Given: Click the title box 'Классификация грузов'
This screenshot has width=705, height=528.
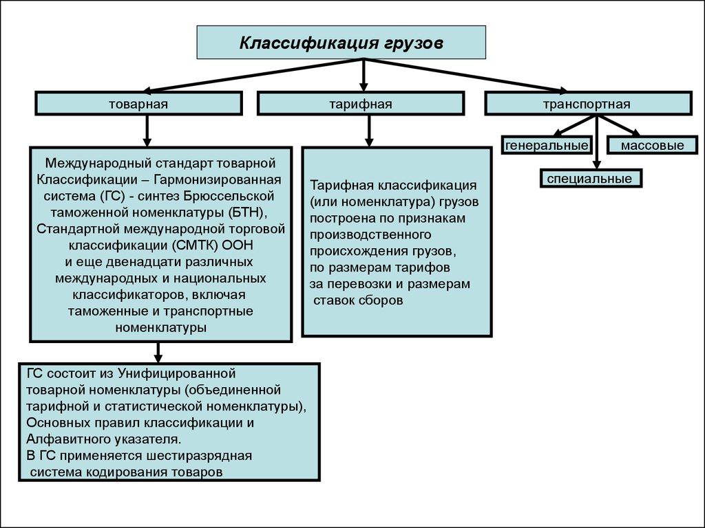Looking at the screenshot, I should tap(341, 43).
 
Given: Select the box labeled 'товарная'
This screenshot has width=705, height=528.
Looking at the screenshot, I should tap(138, 104).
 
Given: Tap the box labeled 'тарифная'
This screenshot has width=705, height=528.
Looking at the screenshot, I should tap(360, 104).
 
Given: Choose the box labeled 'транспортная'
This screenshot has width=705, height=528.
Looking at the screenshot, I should tap(587, 104).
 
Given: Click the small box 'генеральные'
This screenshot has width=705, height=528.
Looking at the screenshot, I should tap(547, 145).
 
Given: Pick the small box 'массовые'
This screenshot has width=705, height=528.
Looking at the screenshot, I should tap(651, 145).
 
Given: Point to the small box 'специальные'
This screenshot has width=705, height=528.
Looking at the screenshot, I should tap(590, 179).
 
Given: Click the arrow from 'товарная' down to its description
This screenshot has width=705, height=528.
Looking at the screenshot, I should tap(146, 129).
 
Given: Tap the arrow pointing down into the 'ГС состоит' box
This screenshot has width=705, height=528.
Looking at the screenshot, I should tap(158, 352).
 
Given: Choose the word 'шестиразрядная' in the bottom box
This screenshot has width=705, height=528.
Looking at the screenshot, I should tap(198, 456).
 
